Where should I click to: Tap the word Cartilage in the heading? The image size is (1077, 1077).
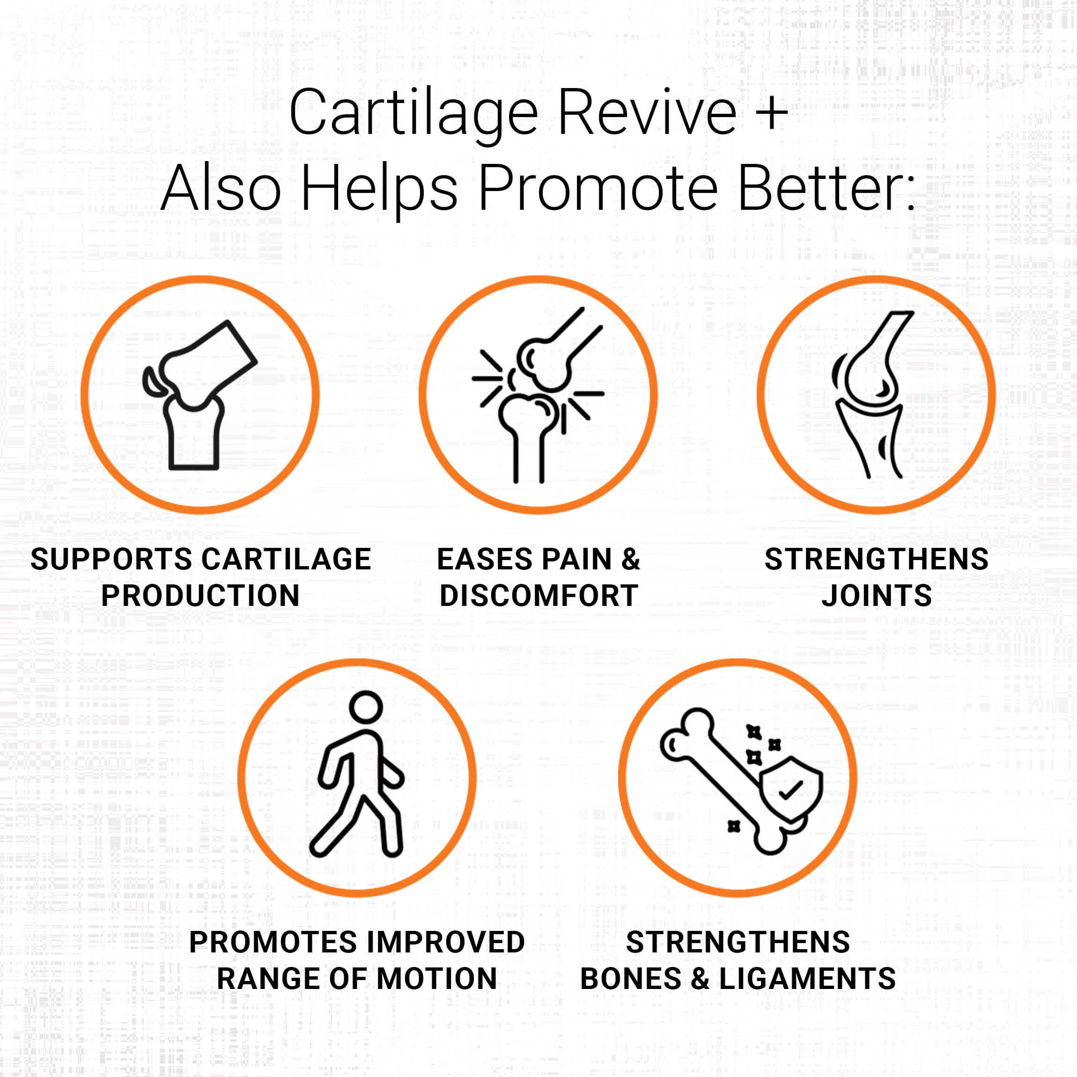pyautogui.click(x=413, y=114)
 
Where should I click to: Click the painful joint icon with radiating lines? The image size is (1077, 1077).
pyautogui.click(x=538, y=395)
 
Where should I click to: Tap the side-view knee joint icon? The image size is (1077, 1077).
pyautogui.click(x=876, y=395)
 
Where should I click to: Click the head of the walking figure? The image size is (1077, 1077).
pyautogui.click(x=366, y=708)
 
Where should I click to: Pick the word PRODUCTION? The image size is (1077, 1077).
pyautogui.click(x=201, y=595)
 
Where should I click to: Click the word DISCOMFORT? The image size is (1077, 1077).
pyautogui.click(x=538, y=595)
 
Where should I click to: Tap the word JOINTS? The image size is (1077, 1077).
pyautogui.click(x=876, y=595)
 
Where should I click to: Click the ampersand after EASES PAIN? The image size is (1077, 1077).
pyautogui.click(x=630, y=559)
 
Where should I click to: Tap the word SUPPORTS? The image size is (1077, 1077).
pyautogui.click(x=111, y=559)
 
